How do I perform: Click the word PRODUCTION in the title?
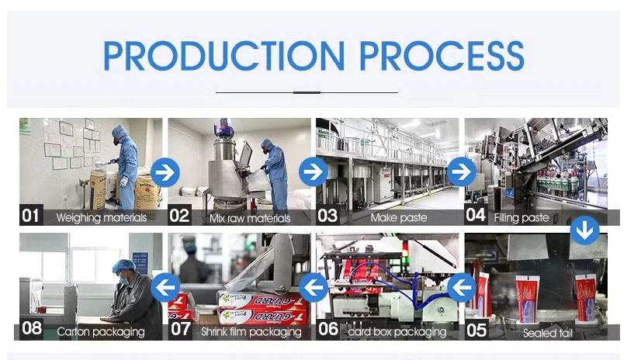pos(223,56)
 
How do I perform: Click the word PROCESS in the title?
pos(442,56)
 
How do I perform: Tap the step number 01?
pos(30,216)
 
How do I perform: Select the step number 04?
pos(476,215)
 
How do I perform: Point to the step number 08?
pos(32,328)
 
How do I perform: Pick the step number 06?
pos(328,329)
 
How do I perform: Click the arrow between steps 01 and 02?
pos(165,172)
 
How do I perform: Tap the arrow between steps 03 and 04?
pos(462,171)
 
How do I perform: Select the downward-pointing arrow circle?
pos(584,230)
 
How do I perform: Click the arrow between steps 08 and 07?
pos(165,287)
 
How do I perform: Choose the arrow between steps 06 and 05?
pos(462,287)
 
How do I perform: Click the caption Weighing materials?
pos(102,218)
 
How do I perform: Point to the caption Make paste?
pos(399,217)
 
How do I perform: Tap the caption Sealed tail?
pos(548,333)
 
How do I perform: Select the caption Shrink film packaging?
pos(251,331)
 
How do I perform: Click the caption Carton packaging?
pos(101,331)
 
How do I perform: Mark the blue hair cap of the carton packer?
pos(123,265)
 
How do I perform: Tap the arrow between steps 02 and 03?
pos(313,171)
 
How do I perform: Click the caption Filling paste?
pos(521,217)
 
